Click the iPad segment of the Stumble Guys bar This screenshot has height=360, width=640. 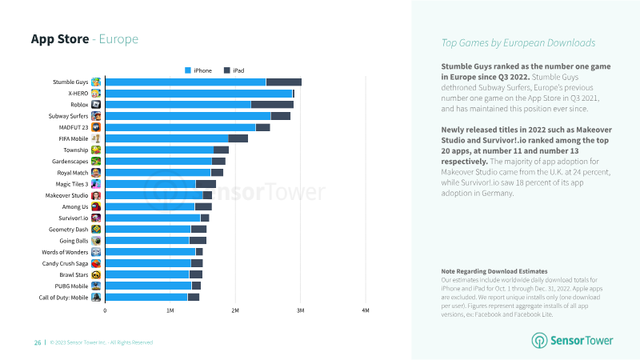(x=284, y=82)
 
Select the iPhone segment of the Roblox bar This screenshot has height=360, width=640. (x=178, y=105)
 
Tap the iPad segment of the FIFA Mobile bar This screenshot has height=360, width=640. (x=238, y=138)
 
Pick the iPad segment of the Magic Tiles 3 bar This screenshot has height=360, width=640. (x=206, y=184)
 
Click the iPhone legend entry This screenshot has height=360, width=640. (x=198, y=70)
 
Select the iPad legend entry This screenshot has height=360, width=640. (x=234, y=70)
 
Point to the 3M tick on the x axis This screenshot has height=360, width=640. (x=301, y=310)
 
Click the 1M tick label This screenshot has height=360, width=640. (x=170, y=310)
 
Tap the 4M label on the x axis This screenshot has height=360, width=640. (x=366, y=310)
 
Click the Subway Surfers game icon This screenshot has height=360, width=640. (x=96, y=116)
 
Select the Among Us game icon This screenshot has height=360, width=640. (x=96, y=207)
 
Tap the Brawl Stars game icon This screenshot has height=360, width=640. (x=96, y=274)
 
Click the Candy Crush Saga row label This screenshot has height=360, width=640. (x=65, y=264)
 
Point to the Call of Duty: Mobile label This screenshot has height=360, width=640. (x=63, y=298)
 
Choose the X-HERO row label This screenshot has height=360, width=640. (x=78, y=94)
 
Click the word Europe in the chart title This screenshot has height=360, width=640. (x=118, y=39)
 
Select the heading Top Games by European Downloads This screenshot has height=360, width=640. (x=518, y=43)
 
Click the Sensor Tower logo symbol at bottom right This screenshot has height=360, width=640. (x=539, y=341)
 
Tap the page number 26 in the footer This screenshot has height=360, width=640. (x=38, y=343)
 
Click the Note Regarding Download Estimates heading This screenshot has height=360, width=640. (x=494, y=271)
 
